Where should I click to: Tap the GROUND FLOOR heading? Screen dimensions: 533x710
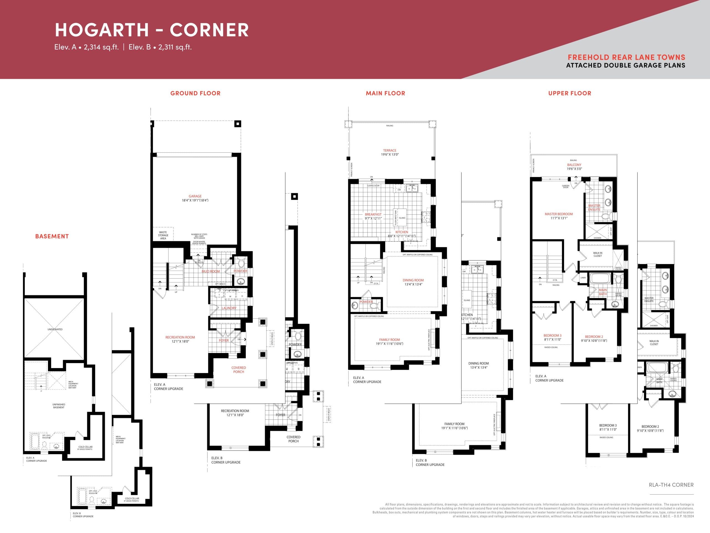[x=195, y=93]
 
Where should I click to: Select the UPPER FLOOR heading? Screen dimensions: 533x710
[x=569, y=93]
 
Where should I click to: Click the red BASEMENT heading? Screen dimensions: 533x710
[x=52, y=237]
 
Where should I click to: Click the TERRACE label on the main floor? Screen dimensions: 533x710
[x=389, y=150]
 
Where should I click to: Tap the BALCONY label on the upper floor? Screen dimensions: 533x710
[x=574, y=165]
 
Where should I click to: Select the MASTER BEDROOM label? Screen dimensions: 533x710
[x=559, y=214]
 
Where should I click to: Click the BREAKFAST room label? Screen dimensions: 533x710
[x=373, y=214]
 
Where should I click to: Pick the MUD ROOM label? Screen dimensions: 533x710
[x=211, y=271]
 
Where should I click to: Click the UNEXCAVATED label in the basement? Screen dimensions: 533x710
[x=55, y=329]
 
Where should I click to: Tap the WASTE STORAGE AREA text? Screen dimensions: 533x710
[x=163, y=235]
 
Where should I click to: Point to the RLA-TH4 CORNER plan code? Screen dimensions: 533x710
[x=671, y=485]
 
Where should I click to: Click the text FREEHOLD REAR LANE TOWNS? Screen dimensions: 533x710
[x=626, y=57]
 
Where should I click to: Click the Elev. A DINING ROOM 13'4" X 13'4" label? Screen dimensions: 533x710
[x=413, y=282]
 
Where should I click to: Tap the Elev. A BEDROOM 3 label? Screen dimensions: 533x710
[x=552, y=335]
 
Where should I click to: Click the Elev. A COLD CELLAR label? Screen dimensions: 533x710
[x=85, y=447]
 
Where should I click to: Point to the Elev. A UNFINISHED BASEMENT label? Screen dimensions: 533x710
[x=59, y=406]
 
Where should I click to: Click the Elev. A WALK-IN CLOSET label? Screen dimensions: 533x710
[x=597, y=255]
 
